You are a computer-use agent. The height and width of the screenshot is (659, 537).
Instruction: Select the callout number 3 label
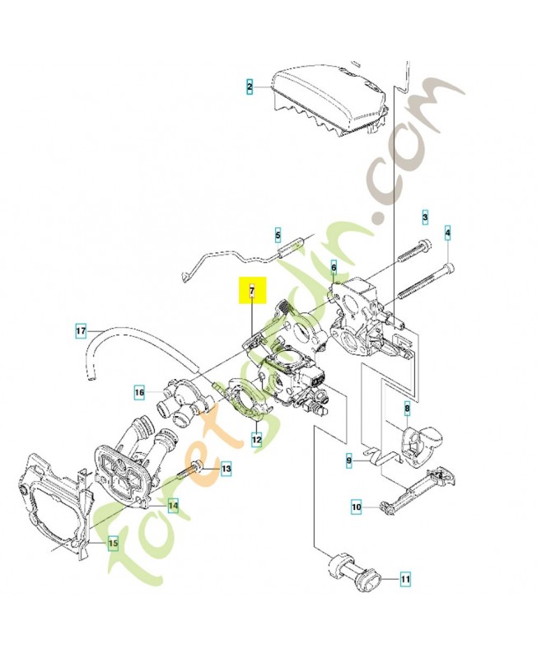pyautogui.click(x=425, y=217)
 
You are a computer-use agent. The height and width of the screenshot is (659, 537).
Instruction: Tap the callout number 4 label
pyautogui.click(x=447, y=233)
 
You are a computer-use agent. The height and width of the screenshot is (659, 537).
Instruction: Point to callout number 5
pyautogui.click(x=278, y=234)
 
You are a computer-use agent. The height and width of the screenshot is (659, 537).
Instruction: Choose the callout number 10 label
pyautogui.click(x=357, y=507)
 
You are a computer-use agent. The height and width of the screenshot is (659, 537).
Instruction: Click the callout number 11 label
pyautogui.click(x=405, y=580)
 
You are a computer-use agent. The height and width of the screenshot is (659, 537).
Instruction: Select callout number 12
pyautogui.click(x=257, y=439)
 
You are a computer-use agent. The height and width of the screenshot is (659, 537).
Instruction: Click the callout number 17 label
pyautogui.click(x=80, y=332)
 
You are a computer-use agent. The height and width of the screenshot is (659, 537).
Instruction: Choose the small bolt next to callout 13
pyautogui.click(x=195, y=470)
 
